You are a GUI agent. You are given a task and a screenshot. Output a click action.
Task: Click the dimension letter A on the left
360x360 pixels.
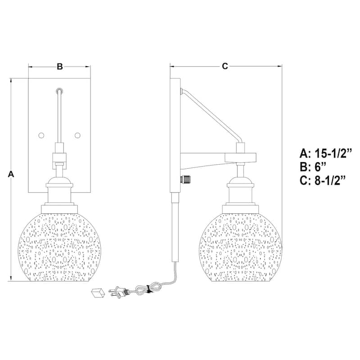pos(11,174)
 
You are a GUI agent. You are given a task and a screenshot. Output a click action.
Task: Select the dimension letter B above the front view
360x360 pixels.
pos(59,67)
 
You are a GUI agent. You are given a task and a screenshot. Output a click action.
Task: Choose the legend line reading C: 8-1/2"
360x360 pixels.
pos(323,181)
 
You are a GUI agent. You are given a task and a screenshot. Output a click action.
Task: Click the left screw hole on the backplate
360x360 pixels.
pos(41,135)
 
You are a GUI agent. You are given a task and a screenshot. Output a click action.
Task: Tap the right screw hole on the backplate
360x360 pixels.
pos(77,135)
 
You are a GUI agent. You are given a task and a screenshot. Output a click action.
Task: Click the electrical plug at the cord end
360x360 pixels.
pos(119,293)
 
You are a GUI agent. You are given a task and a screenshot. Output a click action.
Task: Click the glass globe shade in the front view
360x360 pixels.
pos(59,245)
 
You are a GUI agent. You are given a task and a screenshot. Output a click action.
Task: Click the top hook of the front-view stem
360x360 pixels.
pos(59,90)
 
